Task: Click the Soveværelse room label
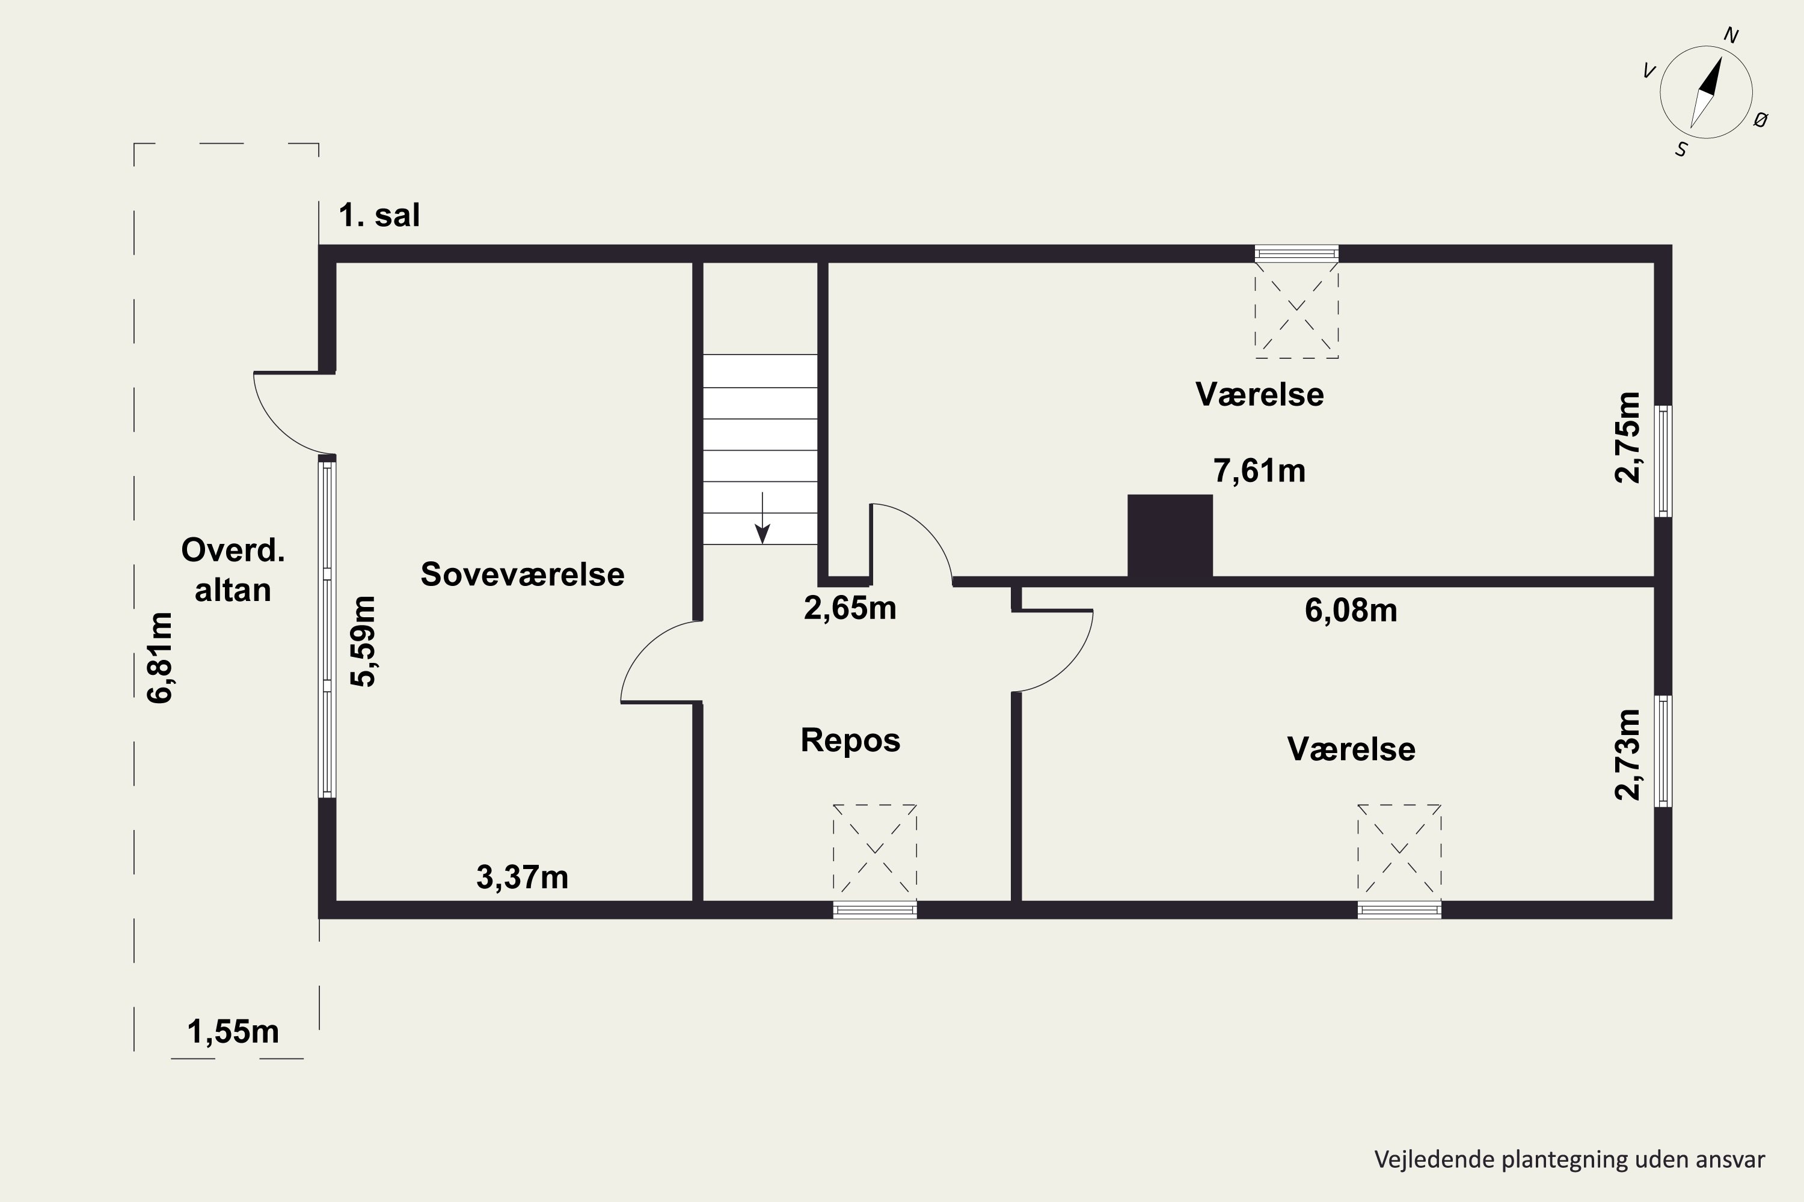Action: tap(523, 574)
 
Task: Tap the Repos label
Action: tap(850, 740)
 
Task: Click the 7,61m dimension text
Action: tap(1259, 470)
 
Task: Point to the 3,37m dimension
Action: tap(523, 877)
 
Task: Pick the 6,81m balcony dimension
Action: tap(161, 657)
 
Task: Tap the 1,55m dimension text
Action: tap(233, 1032)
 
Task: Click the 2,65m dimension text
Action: tap(850, 608)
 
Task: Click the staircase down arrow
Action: tap(762, 518)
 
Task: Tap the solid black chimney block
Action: tap(1170, 536)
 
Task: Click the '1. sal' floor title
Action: tap(379, 215)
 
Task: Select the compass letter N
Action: tap(1731, 35)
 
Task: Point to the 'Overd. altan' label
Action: tap(233, 570)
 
